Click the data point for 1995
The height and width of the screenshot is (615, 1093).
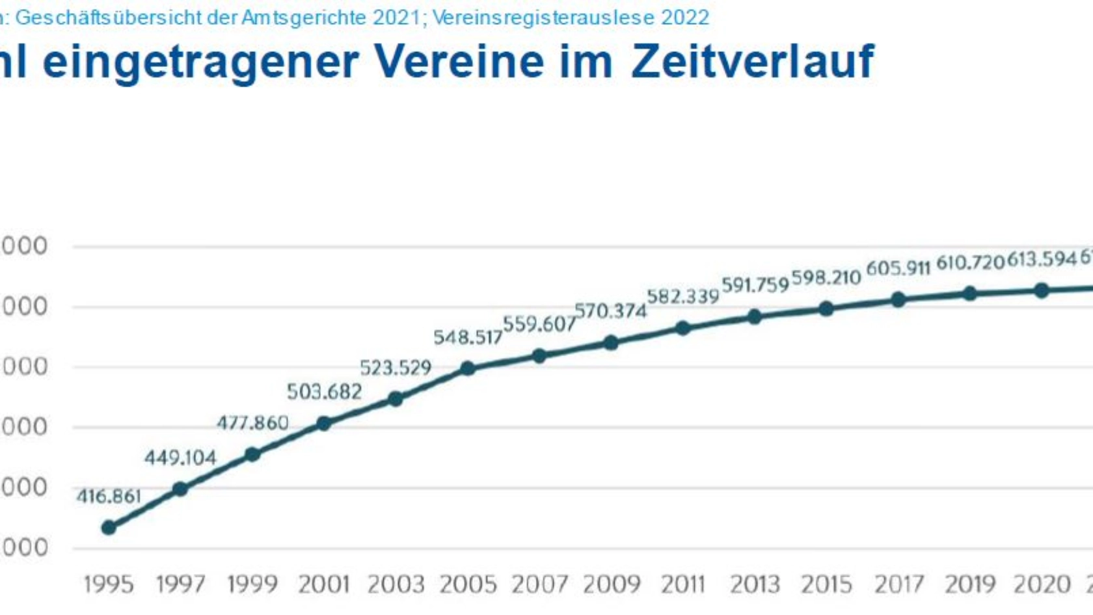point(109,527)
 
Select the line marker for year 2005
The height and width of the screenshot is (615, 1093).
point(467,369)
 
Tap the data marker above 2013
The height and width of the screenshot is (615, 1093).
point(755,317)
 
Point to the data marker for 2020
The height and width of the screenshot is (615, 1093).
point(1042,290)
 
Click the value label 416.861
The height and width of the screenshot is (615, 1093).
point(109,497)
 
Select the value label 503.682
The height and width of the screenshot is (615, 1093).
point(324,392)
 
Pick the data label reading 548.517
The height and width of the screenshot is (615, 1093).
point(468,337)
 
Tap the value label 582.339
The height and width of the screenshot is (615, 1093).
point(682,297)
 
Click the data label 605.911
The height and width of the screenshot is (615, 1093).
point(898,268)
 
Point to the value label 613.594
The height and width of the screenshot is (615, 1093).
point(1042,260)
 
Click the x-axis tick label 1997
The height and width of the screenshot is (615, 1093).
point(180,584)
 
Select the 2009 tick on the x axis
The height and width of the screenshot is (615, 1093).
point(611,584)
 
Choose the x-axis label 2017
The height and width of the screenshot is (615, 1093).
point(898,584)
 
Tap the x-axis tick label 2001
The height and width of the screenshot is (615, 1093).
point(324,584)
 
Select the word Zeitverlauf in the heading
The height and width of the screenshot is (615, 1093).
point(752,62)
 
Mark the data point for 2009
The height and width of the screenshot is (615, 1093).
point(611,342)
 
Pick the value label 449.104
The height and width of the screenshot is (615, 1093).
point(180,458)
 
